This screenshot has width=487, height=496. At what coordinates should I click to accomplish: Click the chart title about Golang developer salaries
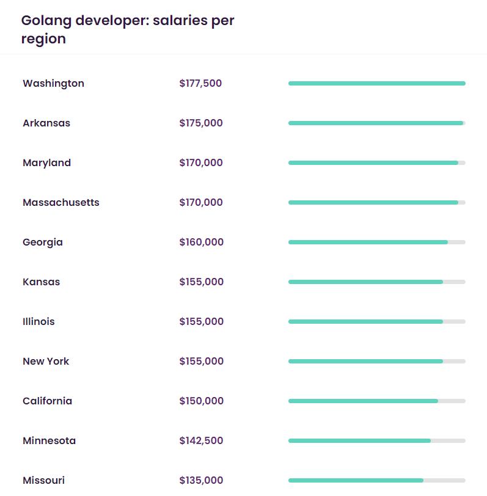pyautogui.click(x=128, y=29)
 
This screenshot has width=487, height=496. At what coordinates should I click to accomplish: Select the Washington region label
pyautogui.click(x=53, y=84)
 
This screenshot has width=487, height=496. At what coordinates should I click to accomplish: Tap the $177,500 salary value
pyautogui.click(x=200, y=84)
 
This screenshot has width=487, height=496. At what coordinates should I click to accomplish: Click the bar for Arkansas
pyautogui.click(x=376, y=123)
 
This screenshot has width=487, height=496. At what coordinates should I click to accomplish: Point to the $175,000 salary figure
pyautogui.click(x=201, y=123)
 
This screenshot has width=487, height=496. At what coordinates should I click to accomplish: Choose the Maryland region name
pyautogui.click(x=46, y=163)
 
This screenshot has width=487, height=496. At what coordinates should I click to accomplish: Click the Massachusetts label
pyautogui.click(x=60, y=203)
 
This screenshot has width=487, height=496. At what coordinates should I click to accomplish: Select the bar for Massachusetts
pyautogui.click(x=373, y=203)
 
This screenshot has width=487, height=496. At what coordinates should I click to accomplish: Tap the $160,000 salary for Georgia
pyautogui.click(x=202, y=243)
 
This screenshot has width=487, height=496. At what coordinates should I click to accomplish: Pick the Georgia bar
pyautogui.click(x=368, y=243)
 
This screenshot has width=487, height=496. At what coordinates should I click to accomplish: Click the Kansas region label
pyautogui.click(x=41, y=282)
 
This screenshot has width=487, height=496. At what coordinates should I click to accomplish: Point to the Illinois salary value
pyautogui.click(x=202, y=322)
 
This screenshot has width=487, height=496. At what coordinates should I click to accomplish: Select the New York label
pyautogui.click(x=46, y=362)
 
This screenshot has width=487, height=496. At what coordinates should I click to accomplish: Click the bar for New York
pyautogui.click(x=365, y=362)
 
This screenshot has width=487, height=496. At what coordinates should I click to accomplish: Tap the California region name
pyautogui.click(x=47, y=401)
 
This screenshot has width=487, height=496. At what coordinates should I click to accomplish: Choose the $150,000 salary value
pyautogui.click(x=202, y=401)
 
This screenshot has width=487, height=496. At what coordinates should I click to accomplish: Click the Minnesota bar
pyautogui.click(x=359, y=441)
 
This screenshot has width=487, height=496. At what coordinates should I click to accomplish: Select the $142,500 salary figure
pyautogui.click(x=201, y=441)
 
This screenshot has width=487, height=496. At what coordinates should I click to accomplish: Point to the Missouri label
pyautogui.click(x=43, y=481)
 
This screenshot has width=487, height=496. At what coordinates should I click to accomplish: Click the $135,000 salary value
pyautogui.click(x=201, y=481)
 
